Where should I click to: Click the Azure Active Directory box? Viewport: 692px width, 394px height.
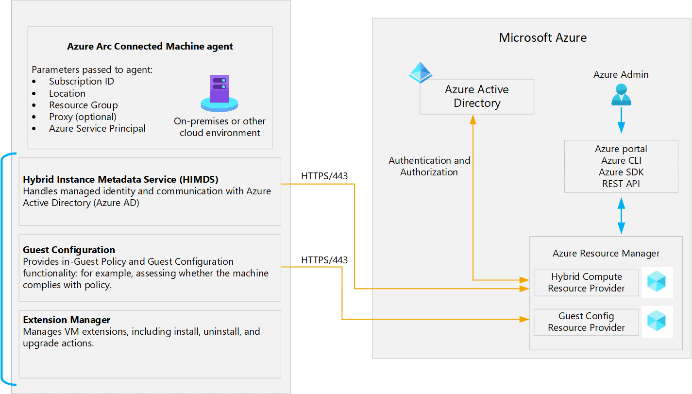(x=476, y=96)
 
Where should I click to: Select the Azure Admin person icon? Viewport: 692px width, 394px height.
(x=621, y=95)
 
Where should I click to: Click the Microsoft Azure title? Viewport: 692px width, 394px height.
(x=542, y=38)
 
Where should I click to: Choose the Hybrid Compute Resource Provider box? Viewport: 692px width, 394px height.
(x=586, y=282)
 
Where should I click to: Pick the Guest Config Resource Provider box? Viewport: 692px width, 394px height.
(x=586, y=322)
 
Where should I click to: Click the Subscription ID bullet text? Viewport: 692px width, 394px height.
(x=81, y=82)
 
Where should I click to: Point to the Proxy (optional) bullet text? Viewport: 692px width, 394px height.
(x=83, y=117)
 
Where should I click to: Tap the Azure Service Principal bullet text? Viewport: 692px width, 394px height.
(x=97, y=128)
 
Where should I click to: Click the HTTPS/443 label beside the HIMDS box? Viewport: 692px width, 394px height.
(x=324, y=176)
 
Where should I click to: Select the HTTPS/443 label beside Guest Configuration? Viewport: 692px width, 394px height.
(x=324, y=260)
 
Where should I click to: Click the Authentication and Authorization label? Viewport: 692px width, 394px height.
(x=429, y=166)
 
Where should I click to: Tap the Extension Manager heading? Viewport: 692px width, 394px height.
(x=67, y=320)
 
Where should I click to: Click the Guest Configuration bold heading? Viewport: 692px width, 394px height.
(x=69, y=250)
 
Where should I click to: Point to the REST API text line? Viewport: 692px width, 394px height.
(x=621, y=184)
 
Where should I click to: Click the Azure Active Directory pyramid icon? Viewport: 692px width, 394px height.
(x=420, y=72)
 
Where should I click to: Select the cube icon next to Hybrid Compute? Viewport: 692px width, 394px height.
(x=657, y=282)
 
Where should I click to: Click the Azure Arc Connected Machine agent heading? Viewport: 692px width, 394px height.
(x=150, y=47)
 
